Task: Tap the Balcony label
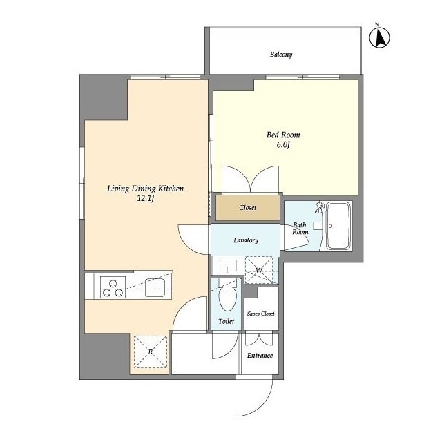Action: point(281,55)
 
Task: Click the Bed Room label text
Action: point(283,135)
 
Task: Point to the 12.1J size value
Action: point(146,198)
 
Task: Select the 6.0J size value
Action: point(283,145)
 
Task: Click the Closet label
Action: point(247,208)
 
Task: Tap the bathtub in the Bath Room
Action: point(338,226)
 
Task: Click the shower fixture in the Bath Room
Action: point(320,207)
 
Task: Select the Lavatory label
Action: point(246,240)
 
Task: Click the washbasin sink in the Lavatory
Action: point(228,266)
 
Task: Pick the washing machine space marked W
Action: point(259,270)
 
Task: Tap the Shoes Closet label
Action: point(261,314)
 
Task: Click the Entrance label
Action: point(260,356)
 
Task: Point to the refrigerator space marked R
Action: point(151,352)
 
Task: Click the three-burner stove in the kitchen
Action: point(113,288)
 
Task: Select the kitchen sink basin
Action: point(155,288)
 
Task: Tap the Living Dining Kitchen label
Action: point(146,189)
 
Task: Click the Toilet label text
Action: point(226,321)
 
